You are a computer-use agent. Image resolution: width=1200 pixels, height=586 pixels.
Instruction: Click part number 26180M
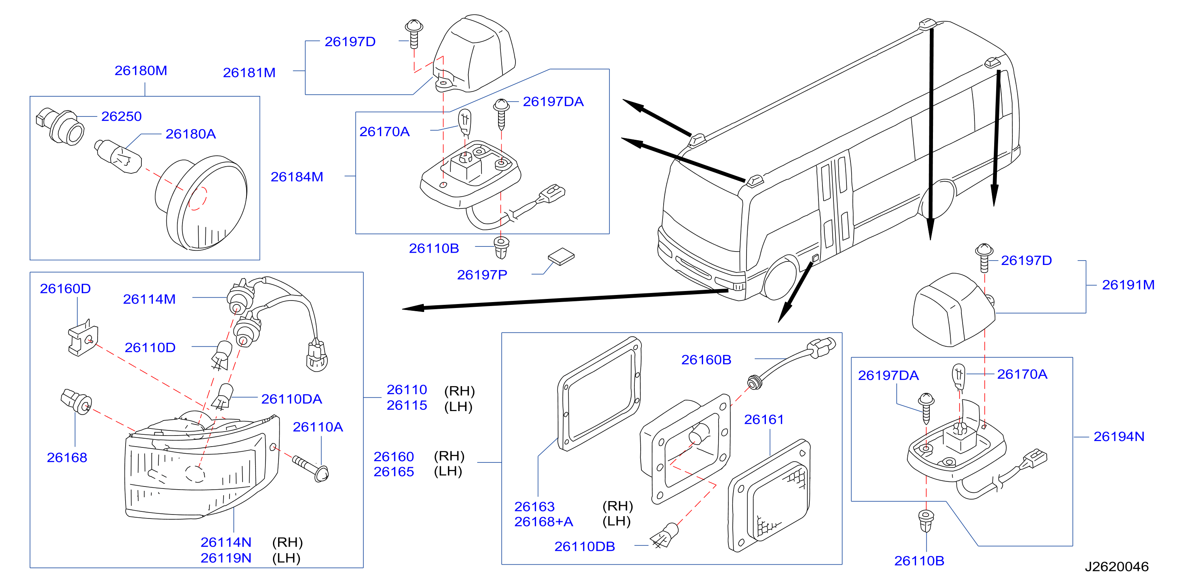[x=141, y=71]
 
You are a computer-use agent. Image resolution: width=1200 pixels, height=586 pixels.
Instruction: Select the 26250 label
[x=122, y=116]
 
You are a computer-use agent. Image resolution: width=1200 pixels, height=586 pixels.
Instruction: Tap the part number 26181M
[x=249, y=73]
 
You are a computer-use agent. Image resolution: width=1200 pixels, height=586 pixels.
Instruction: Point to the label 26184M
[x=297, y=177]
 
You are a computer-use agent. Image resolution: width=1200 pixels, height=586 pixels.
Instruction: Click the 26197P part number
[x=482, y=275]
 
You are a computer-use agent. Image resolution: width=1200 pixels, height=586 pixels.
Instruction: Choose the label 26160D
[x=65, y=289]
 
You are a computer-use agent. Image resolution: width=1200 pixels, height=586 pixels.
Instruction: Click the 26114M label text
[x=149, y=299]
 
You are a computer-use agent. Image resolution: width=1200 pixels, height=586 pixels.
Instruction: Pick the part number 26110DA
[x=292, y=399]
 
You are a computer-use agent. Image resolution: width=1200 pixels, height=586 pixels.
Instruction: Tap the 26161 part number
[x=764, y=420]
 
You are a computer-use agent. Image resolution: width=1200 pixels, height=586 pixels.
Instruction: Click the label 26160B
[x=706, y=360]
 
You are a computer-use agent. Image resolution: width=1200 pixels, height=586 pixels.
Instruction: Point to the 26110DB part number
[x=585, y=547]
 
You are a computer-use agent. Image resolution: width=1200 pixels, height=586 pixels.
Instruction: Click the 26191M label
[x=1128, y=285]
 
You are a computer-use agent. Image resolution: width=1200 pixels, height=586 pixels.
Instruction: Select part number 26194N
[x=1119, y=437]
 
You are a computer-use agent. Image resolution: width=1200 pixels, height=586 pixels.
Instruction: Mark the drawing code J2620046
[x=1117, y=567]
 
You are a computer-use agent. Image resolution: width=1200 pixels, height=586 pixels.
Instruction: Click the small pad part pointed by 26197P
[x=561, y=256]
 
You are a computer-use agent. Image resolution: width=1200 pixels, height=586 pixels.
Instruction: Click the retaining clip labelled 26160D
[x=83, y=338]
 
